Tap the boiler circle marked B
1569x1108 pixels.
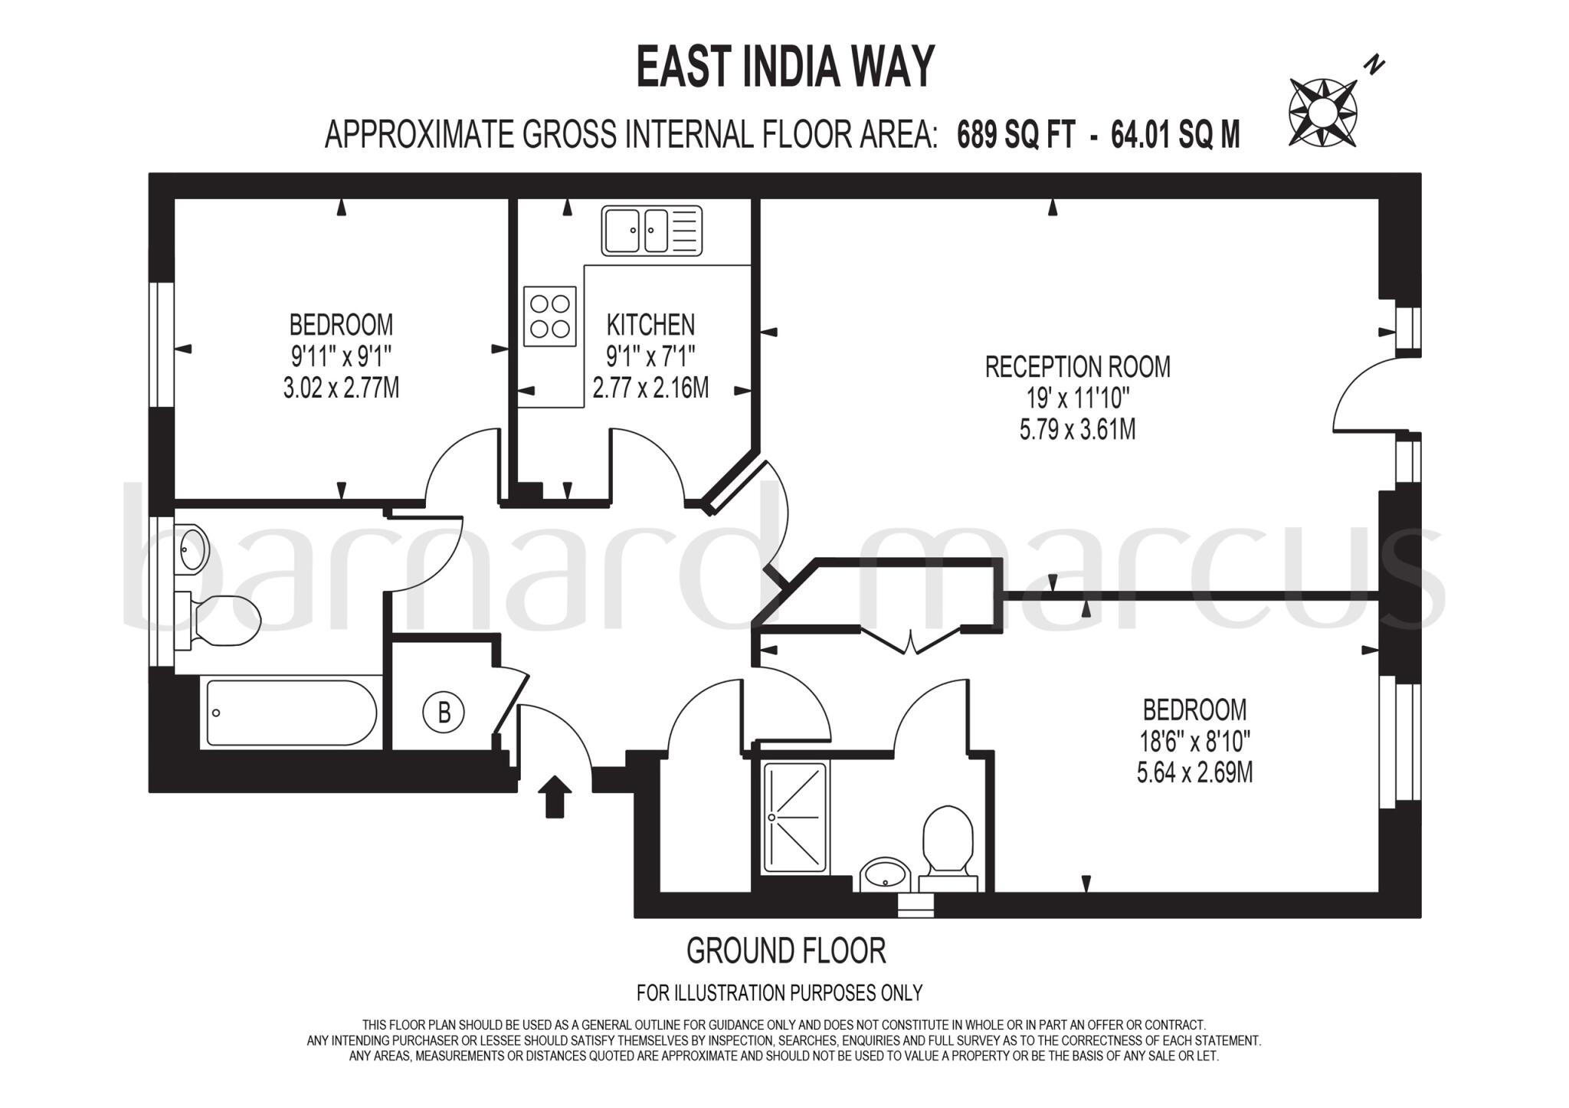click(444, 713)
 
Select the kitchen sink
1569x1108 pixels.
click(651, 231)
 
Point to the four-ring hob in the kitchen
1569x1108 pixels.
click(550, 316)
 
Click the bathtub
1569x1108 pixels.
click(291, 713)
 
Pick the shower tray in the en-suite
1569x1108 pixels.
click(795, 818)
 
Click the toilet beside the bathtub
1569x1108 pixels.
click(222, 620)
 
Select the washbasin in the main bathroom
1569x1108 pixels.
click(192, 547)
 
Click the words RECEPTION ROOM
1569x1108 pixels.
click(1077, 367)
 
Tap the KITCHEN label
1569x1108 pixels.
click(650, 325)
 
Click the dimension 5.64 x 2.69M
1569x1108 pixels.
click(1194, 772)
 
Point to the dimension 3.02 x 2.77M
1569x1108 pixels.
click(341, 388)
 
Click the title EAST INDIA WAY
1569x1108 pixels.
click(785, 67)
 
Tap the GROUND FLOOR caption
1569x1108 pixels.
click(786, 951)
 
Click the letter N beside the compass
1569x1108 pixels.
click(1377, 65)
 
